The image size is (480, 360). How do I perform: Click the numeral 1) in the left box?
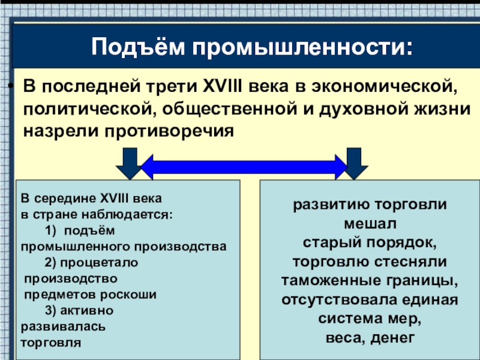click(x=50, y=230)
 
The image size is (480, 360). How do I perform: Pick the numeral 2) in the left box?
click(x=50, y=263)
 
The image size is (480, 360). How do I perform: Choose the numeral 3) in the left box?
click(x=50, y=311)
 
